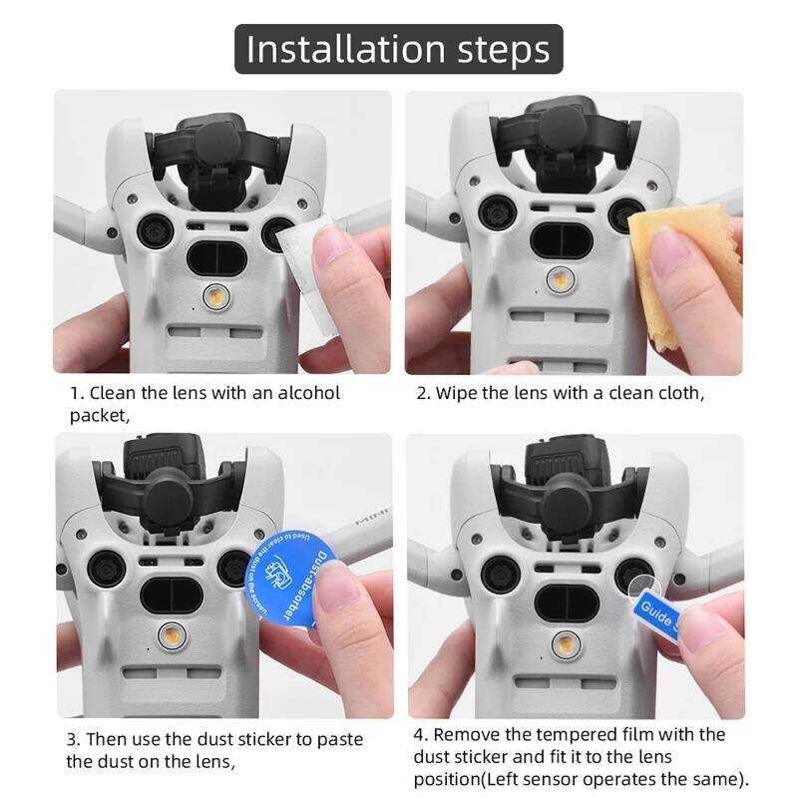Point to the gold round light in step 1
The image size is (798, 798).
(213, 296)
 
